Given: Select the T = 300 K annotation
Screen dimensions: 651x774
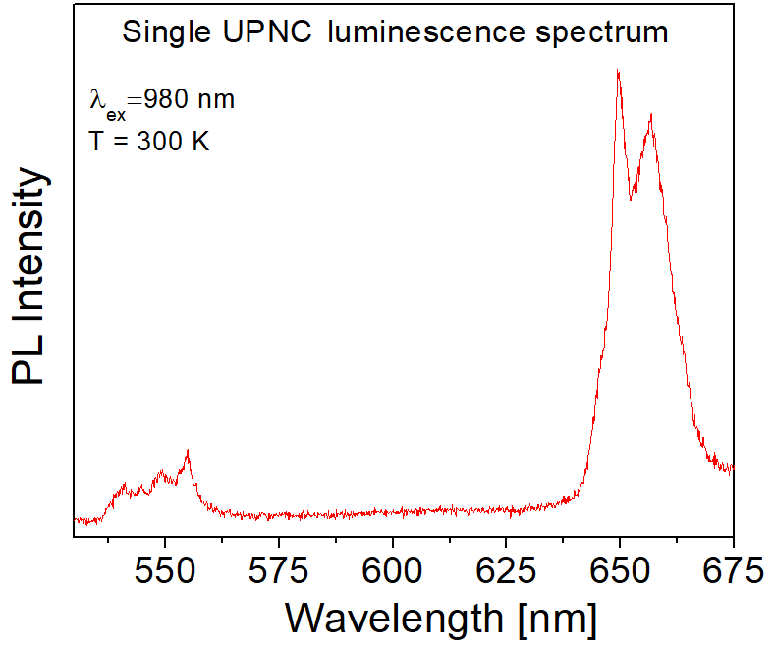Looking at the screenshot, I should pyautogui.click(x=148, y=141).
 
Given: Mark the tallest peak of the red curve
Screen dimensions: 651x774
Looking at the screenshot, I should pyautogui.click(x=618, y=71).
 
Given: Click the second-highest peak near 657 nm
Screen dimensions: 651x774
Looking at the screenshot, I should pyautogui.click(x=650, y=116).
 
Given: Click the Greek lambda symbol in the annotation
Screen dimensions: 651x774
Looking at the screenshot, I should pyautogui.click(x=96, y=100).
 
